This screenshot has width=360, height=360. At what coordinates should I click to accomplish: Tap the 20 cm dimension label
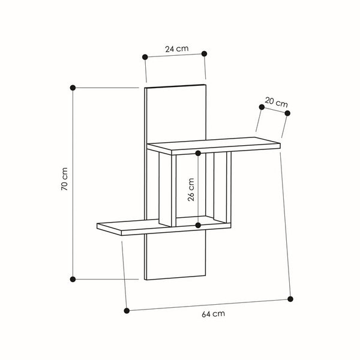click(x=276, y=102)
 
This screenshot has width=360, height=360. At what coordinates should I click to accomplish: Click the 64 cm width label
click(x=214, y=313)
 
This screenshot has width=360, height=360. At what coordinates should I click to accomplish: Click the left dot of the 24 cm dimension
click(x=145, y=57)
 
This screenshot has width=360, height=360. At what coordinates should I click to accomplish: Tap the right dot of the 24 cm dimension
click(x=204, y=53)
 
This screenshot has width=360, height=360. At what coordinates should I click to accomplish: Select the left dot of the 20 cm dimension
click(x=262, y=107)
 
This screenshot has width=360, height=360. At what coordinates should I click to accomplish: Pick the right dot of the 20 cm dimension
click(x=287, y=113)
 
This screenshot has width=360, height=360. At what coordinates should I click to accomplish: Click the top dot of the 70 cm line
click(x=73, y=88)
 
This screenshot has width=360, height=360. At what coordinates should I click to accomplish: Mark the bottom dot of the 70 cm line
click(x=73, y=279)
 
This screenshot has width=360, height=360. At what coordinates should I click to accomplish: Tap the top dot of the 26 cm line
click(x=198, y=154)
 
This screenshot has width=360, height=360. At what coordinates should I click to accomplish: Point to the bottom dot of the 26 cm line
click(x=198, y=225)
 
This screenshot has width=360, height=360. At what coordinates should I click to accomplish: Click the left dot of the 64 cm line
click(x=127, y=310)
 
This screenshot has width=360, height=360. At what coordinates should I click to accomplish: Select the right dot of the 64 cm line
click(x=290, y=298)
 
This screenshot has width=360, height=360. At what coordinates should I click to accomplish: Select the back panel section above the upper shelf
click(x=175, y=114)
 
